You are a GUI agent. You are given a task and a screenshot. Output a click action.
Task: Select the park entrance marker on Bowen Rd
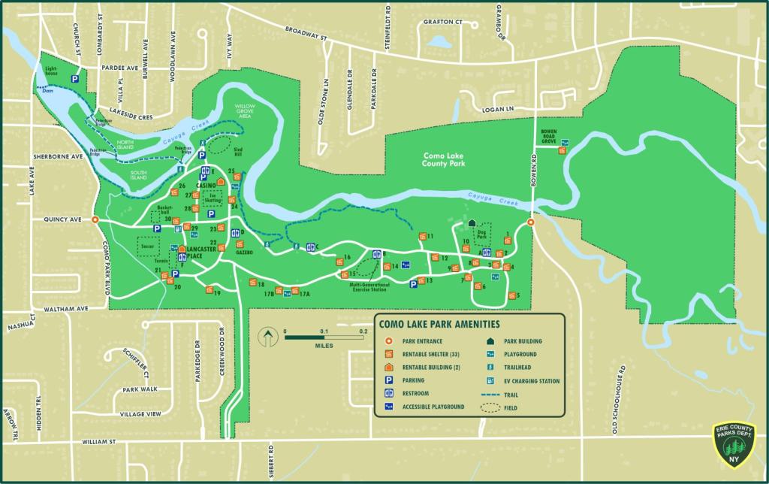[x=530, y=222]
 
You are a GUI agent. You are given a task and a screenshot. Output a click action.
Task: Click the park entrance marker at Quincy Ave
[x=95, y=220]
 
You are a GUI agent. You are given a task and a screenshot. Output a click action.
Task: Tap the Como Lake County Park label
[x=445, y=159]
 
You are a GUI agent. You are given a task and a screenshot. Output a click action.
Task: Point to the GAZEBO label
[x=243, y=253]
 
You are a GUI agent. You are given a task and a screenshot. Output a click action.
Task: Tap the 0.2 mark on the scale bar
[x=363, y=331]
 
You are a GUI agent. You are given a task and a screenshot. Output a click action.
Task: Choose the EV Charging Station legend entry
[x=531, y=381]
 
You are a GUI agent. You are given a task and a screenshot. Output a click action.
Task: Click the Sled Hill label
[x=240, y=153]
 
